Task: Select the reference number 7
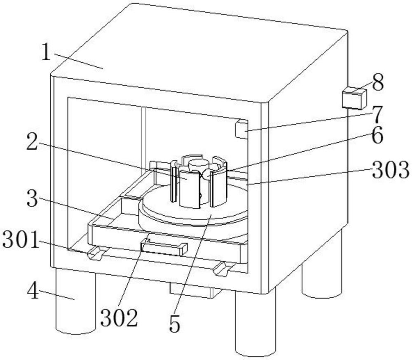pos(375,115)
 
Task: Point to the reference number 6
pos(375,136)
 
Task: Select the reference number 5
pos(175,324)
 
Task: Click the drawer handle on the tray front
pos(164,248)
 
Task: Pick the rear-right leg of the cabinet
pos(321,276)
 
